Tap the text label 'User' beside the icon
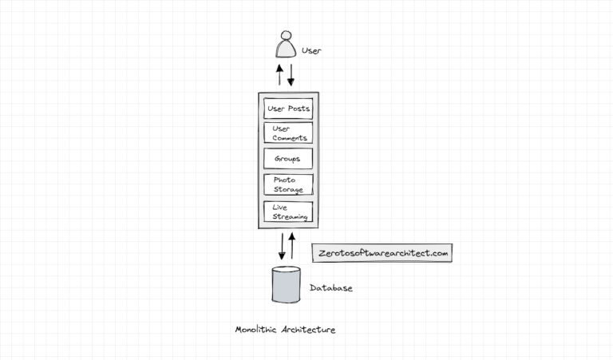pos(311,51)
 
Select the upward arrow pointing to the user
pos(279,75)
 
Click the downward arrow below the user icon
pos(291,75)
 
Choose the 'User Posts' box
pos(288,108)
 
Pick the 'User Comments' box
pos(288,133)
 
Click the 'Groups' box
pos(288,159)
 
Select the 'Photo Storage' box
pos(288,184)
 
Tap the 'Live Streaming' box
pos(288,212)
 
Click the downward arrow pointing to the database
pos(282,245)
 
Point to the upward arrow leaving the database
pos(292,246)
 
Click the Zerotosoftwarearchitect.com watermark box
pos(382,252)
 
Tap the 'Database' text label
pos(330,288)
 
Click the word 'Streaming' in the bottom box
pos(290,217)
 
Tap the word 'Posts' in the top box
pos(299,108)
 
